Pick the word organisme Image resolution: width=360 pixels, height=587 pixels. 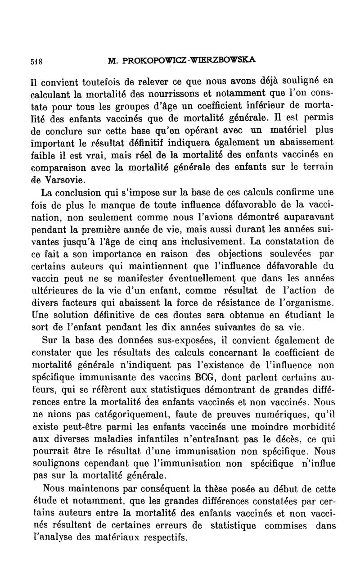[x=309, y=301]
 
